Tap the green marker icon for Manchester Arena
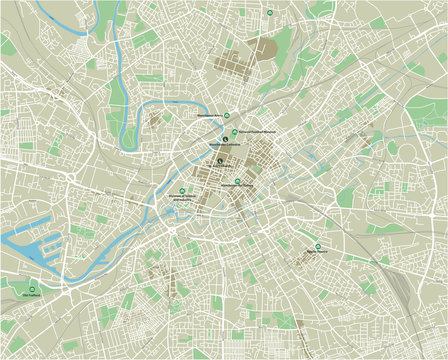[226, 114]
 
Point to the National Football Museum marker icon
[235, 132]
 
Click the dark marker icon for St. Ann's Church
[219, 160]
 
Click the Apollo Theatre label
[318, 252]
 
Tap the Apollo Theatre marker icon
[318, 246]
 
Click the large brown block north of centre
[264, 47]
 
